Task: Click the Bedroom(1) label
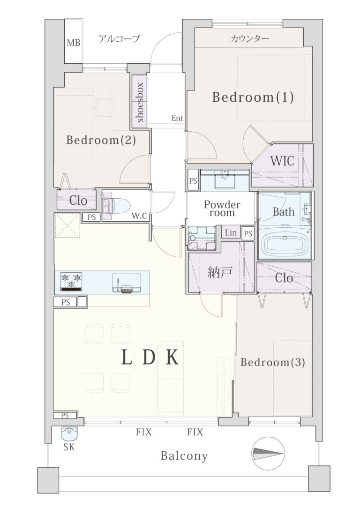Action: pos(253,97)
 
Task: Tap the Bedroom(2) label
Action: pos(101,140)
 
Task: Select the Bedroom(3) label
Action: pos(273,362)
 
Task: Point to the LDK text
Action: pos(150,358)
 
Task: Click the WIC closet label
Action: pos(282,161)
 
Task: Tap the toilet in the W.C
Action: pos(117,205)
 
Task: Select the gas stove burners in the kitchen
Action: pos(71,281)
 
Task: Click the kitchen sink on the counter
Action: pos(127,283)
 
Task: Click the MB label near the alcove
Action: pos(74,43)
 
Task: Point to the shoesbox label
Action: pos(140,103)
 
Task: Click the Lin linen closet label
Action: pos(231,232)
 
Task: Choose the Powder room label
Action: pos(222,209)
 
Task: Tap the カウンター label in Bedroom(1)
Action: pos(250,39)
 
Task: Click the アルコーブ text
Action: pos(120,39)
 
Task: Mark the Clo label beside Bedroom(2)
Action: pos(78,200)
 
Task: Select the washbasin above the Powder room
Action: pos(225,180)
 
